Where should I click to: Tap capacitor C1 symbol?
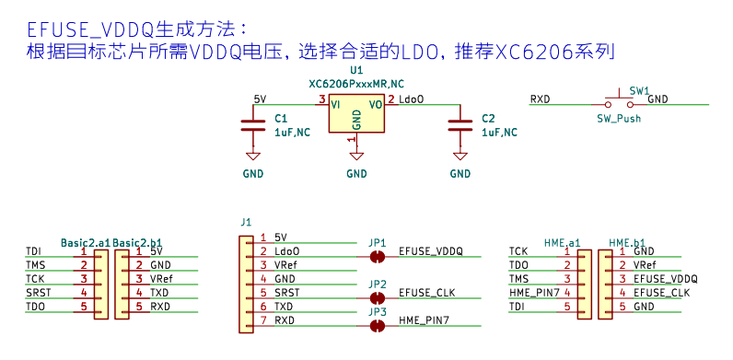(x=253, y=125)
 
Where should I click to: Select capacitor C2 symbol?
(x=460, y=125)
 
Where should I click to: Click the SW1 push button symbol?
(x=620, y=100)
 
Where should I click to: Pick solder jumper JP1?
(x=377, y=257)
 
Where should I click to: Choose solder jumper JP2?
(x=377, y=297)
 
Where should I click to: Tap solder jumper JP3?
(x=377, y=326)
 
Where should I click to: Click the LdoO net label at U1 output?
(x=412, y=99)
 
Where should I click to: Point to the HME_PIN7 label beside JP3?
(x=425, y=320)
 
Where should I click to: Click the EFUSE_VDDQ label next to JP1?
(x=431, y=251)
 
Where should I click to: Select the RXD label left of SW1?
(x=540, y=99)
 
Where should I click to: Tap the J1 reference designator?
(x=246, y=222)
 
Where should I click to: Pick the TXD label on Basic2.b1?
(x=159, y=293)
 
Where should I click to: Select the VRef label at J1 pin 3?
(x=286, y=265)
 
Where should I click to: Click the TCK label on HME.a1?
(x=518, y=251)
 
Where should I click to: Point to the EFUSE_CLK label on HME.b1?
(x=661, y=293)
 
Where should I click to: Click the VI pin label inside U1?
(x=335, y=105)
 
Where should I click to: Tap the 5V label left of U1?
(x=260, y=99)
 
